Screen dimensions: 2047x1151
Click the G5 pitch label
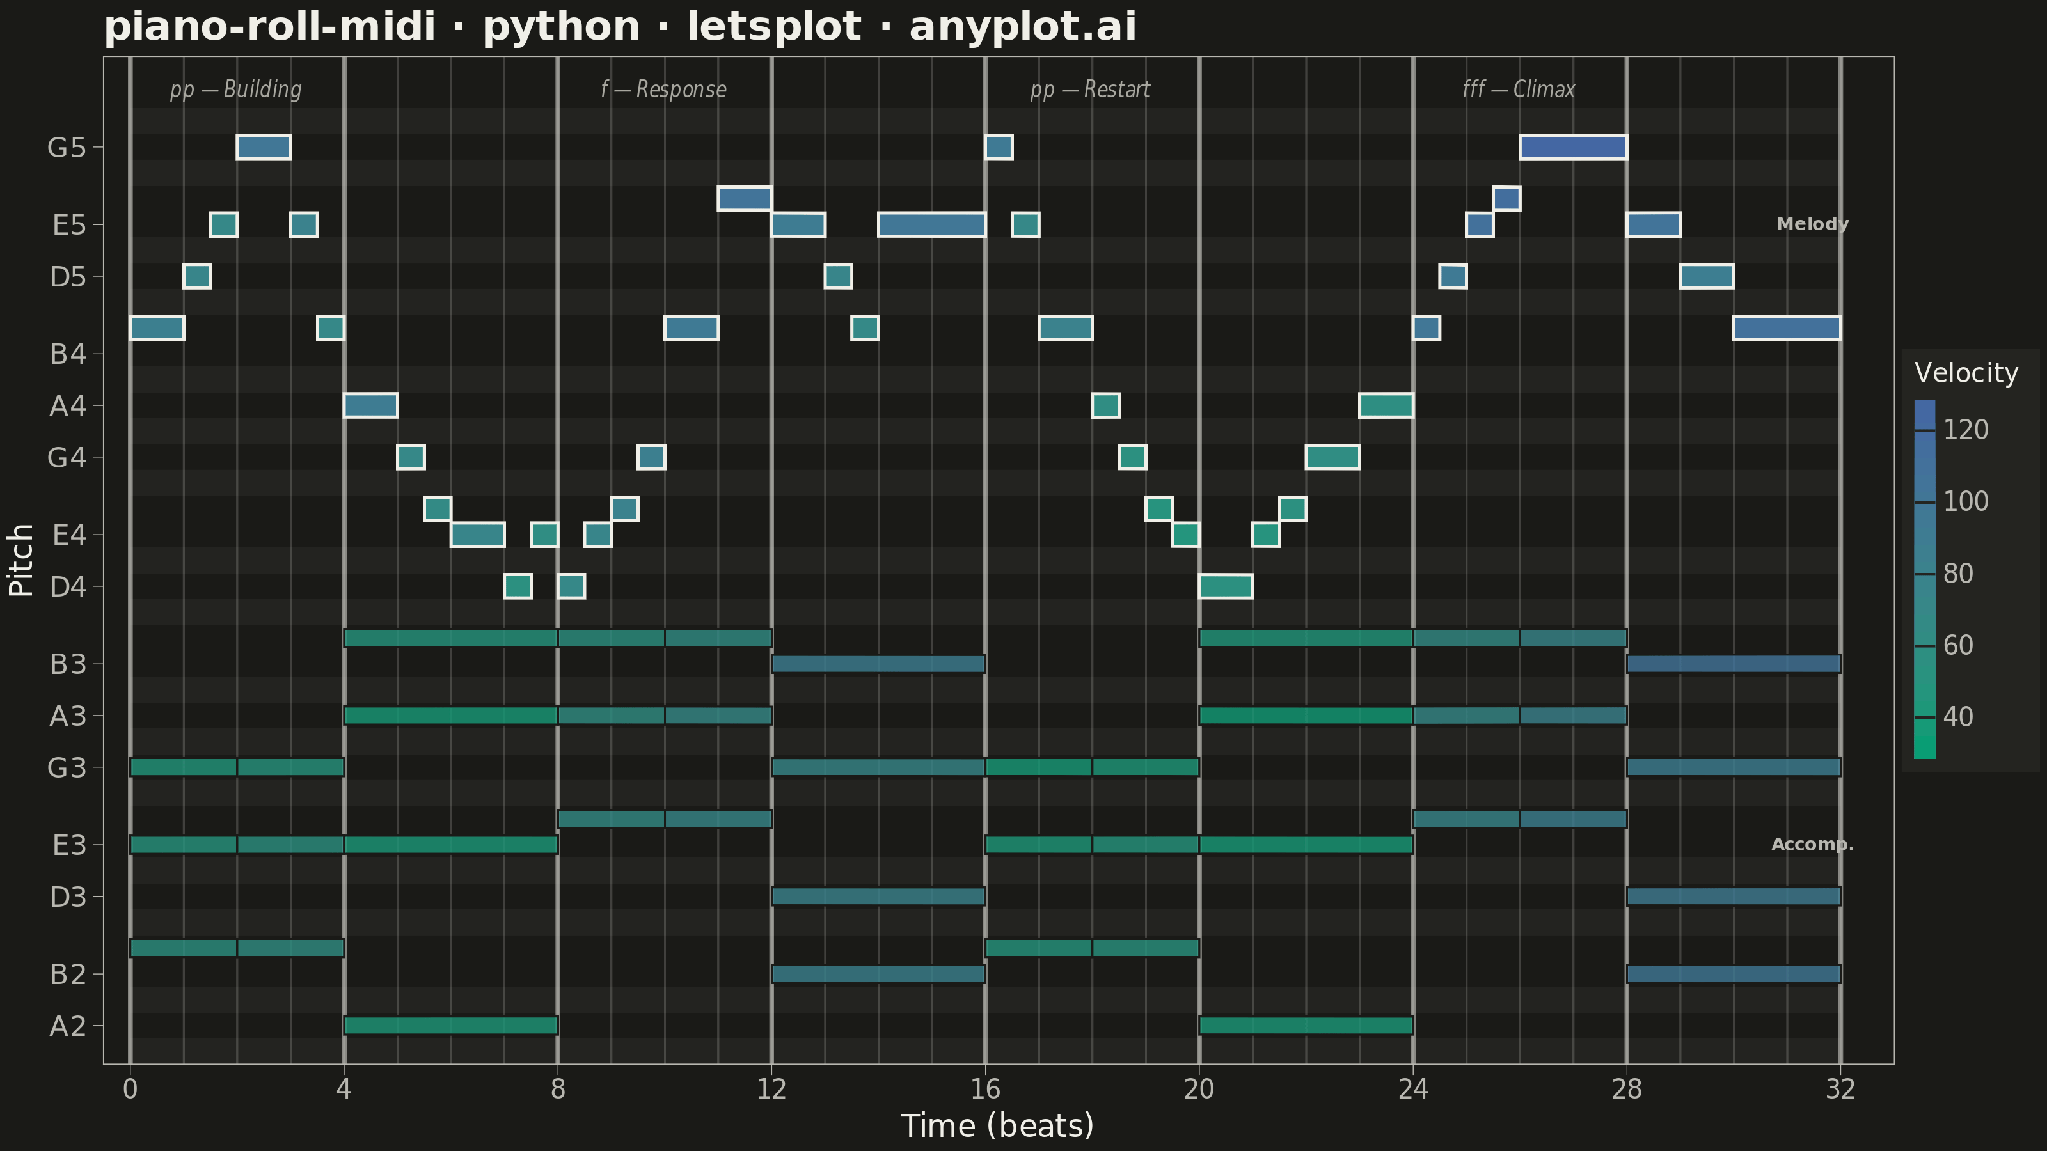coord(66,148)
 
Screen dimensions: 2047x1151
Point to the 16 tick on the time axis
coord(985,1088)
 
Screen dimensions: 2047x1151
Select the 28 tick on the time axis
coord(1627,1088)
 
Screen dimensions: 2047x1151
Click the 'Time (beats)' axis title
coord(997,1126)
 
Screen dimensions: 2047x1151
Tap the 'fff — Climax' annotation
coord(1519,89)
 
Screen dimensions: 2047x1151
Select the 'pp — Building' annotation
coord(236,89)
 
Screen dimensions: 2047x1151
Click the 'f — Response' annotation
coord(663,89)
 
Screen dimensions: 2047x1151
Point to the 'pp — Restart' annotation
coord(1090,89)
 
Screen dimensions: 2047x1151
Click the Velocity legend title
coord(1966,373)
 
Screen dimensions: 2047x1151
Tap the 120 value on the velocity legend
coord(1966,430)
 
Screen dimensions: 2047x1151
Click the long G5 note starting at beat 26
coord(1574,147)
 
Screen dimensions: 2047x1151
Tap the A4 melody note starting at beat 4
coord(370,406)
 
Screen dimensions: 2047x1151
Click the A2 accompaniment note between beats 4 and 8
coord(450,1026)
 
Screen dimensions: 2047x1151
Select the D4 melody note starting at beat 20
coord(1226,586)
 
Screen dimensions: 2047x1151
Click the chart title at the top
coord(620,27)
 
